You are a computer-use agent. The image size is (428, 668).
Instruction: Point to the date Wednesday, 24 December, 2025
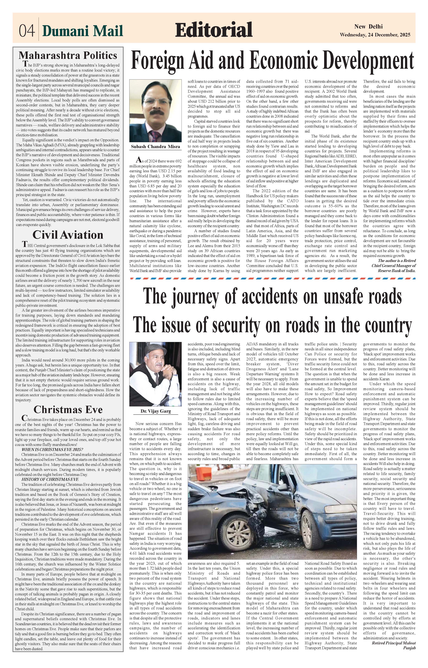(375, 35)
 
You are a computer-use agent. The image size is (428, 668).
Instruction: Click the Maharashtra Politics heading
(68, 55)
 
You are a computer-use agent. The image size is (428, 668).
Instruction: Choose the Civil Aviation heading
(68, 235)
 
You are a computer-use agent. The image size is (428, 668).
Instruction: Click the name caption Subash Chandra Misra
(155, 147)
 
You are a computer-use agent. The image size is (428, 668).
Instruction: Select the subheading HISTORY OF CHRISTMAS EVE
(50, 479)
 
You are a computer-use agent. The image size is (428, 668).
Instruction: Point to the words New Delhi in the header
(368, 27)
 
